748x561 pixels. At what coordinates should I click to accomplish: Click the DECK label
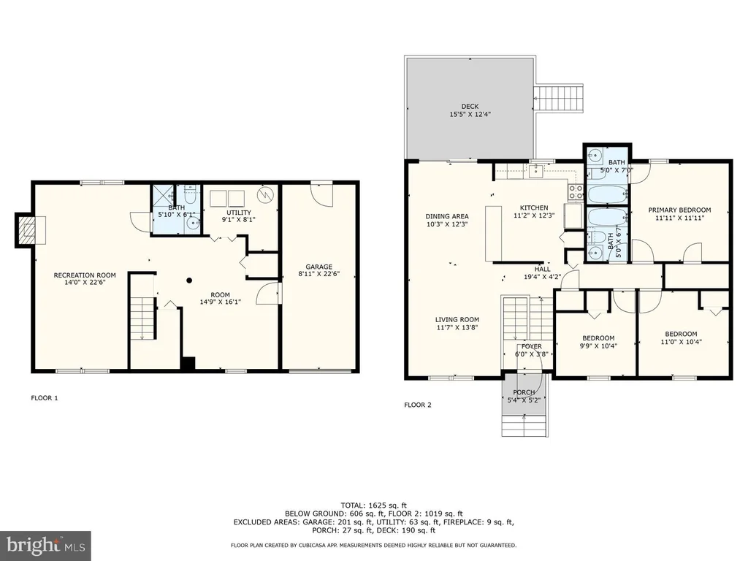click(x=470, y=107)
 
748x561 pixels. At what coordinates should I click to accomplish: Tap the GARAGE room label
click(x=318, y=267)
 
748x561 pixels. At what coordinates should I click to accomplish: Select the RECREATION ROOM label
click(x=85, y=275)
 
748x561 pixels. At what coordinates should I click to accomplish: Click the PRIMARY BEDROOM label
click(x=679, y=210)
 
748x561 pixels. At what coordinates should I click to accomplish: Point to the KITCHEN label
click(x=534, y=207)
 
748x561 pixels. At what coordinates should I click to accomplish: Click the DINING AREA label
click(x=447, y=216)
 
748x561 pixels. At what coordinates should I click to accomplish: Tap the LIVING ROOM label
click(x=457, y=320)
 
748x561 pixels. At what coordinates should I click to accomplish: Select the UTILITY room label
click(x=239, y=213)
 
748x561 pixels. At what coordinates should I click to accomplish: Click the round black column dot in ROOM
click(x=189, y=280)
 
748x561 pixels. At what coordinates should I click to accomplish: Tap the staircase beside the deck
click(x=558, y=99)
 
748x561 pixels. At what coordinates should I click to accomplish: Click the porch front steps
click(x=524, y=426)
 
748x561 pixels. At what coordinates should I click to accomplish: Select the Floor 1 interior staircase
click(x=143, y=318)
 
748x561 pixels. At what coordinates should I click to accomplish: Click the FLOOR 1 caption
click(x=45, y=398)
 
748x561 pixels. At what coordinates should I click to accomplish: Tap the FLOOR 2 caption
click(x=417, y=405)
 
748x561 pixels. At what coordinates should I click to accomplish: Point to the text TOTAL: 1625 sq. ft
click(x=373, y=505)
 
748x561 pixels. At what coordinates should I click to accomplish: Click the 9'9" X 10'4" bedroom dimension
click(x=598, y=346)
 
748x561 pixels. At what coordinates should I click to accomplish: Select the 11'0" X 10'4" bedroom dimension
click(x=681, y=342)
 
